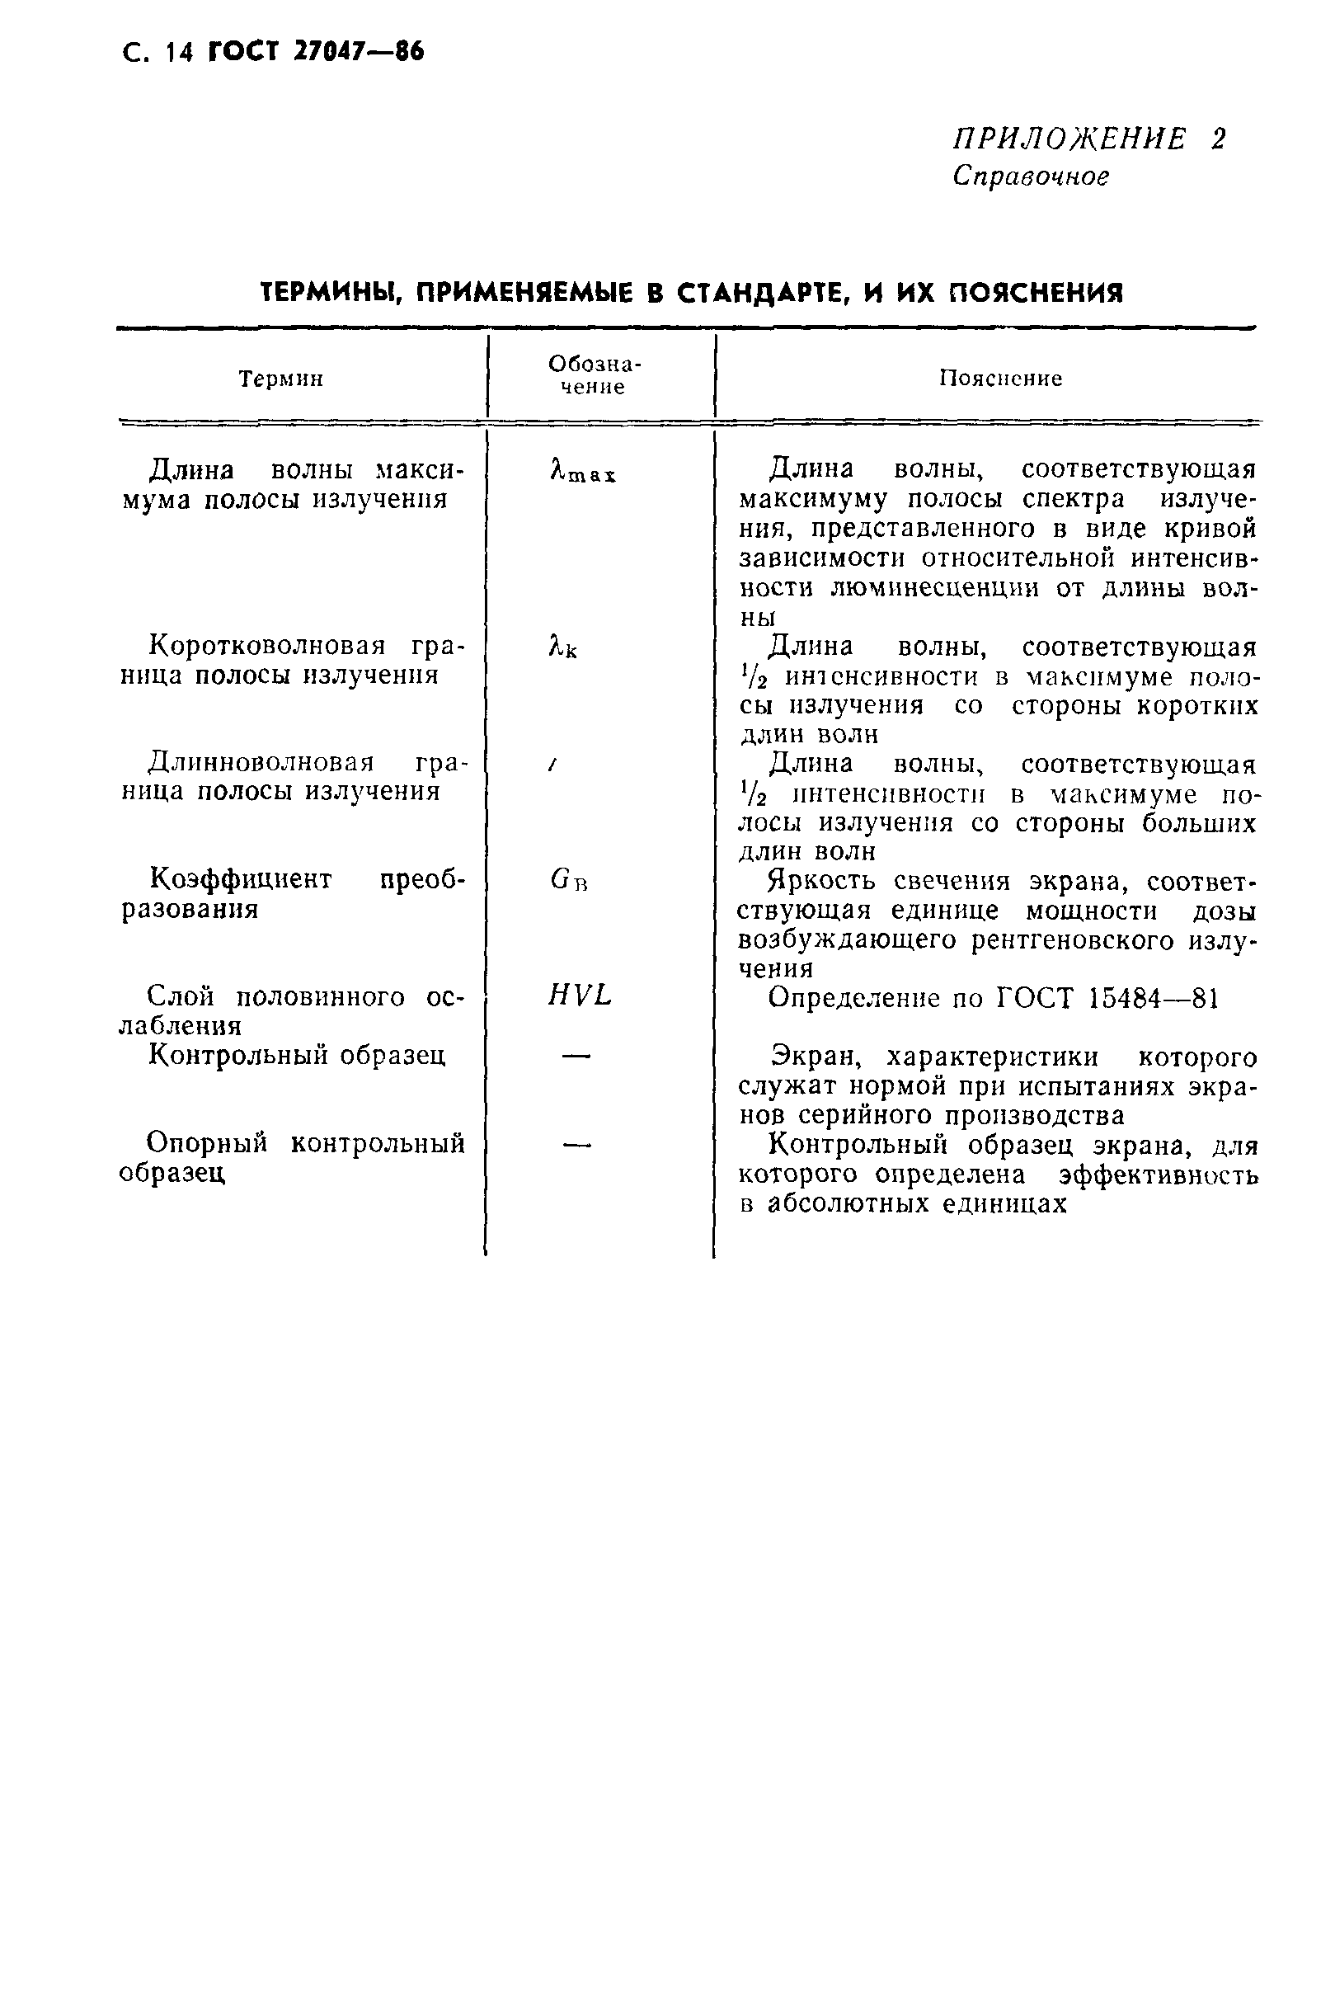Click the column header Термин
pyautogui.click(x=281, y=379)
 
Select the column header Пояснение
pyautogui.click(x=1000, y=378)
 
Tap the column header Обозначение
pyautogui.click(x=594, y=375)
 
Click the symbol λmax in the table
pyautogui.click(x=583, y=471)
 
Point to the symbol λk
pyautogui.click(x=562, y=648)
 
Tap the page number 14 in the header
pyautogui.click(x=181, y=53)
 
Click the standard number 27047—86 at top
pyautogui.click(x=358, y=52)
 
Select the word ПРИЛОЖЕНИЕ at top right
pyautogui.click(x=1069, y=139)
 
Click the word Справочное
pyautogui.click(x=1031, y=177)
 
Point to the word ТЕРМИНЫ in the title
pyautogui.click(x=322, y=294)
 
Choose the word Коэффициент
pyautogui.click(x=241, y=878)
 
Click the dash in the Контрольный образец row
pyautogui.click(x=576, y=1056)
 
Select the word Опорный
pyautogui.click(x=207, y=1143)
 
